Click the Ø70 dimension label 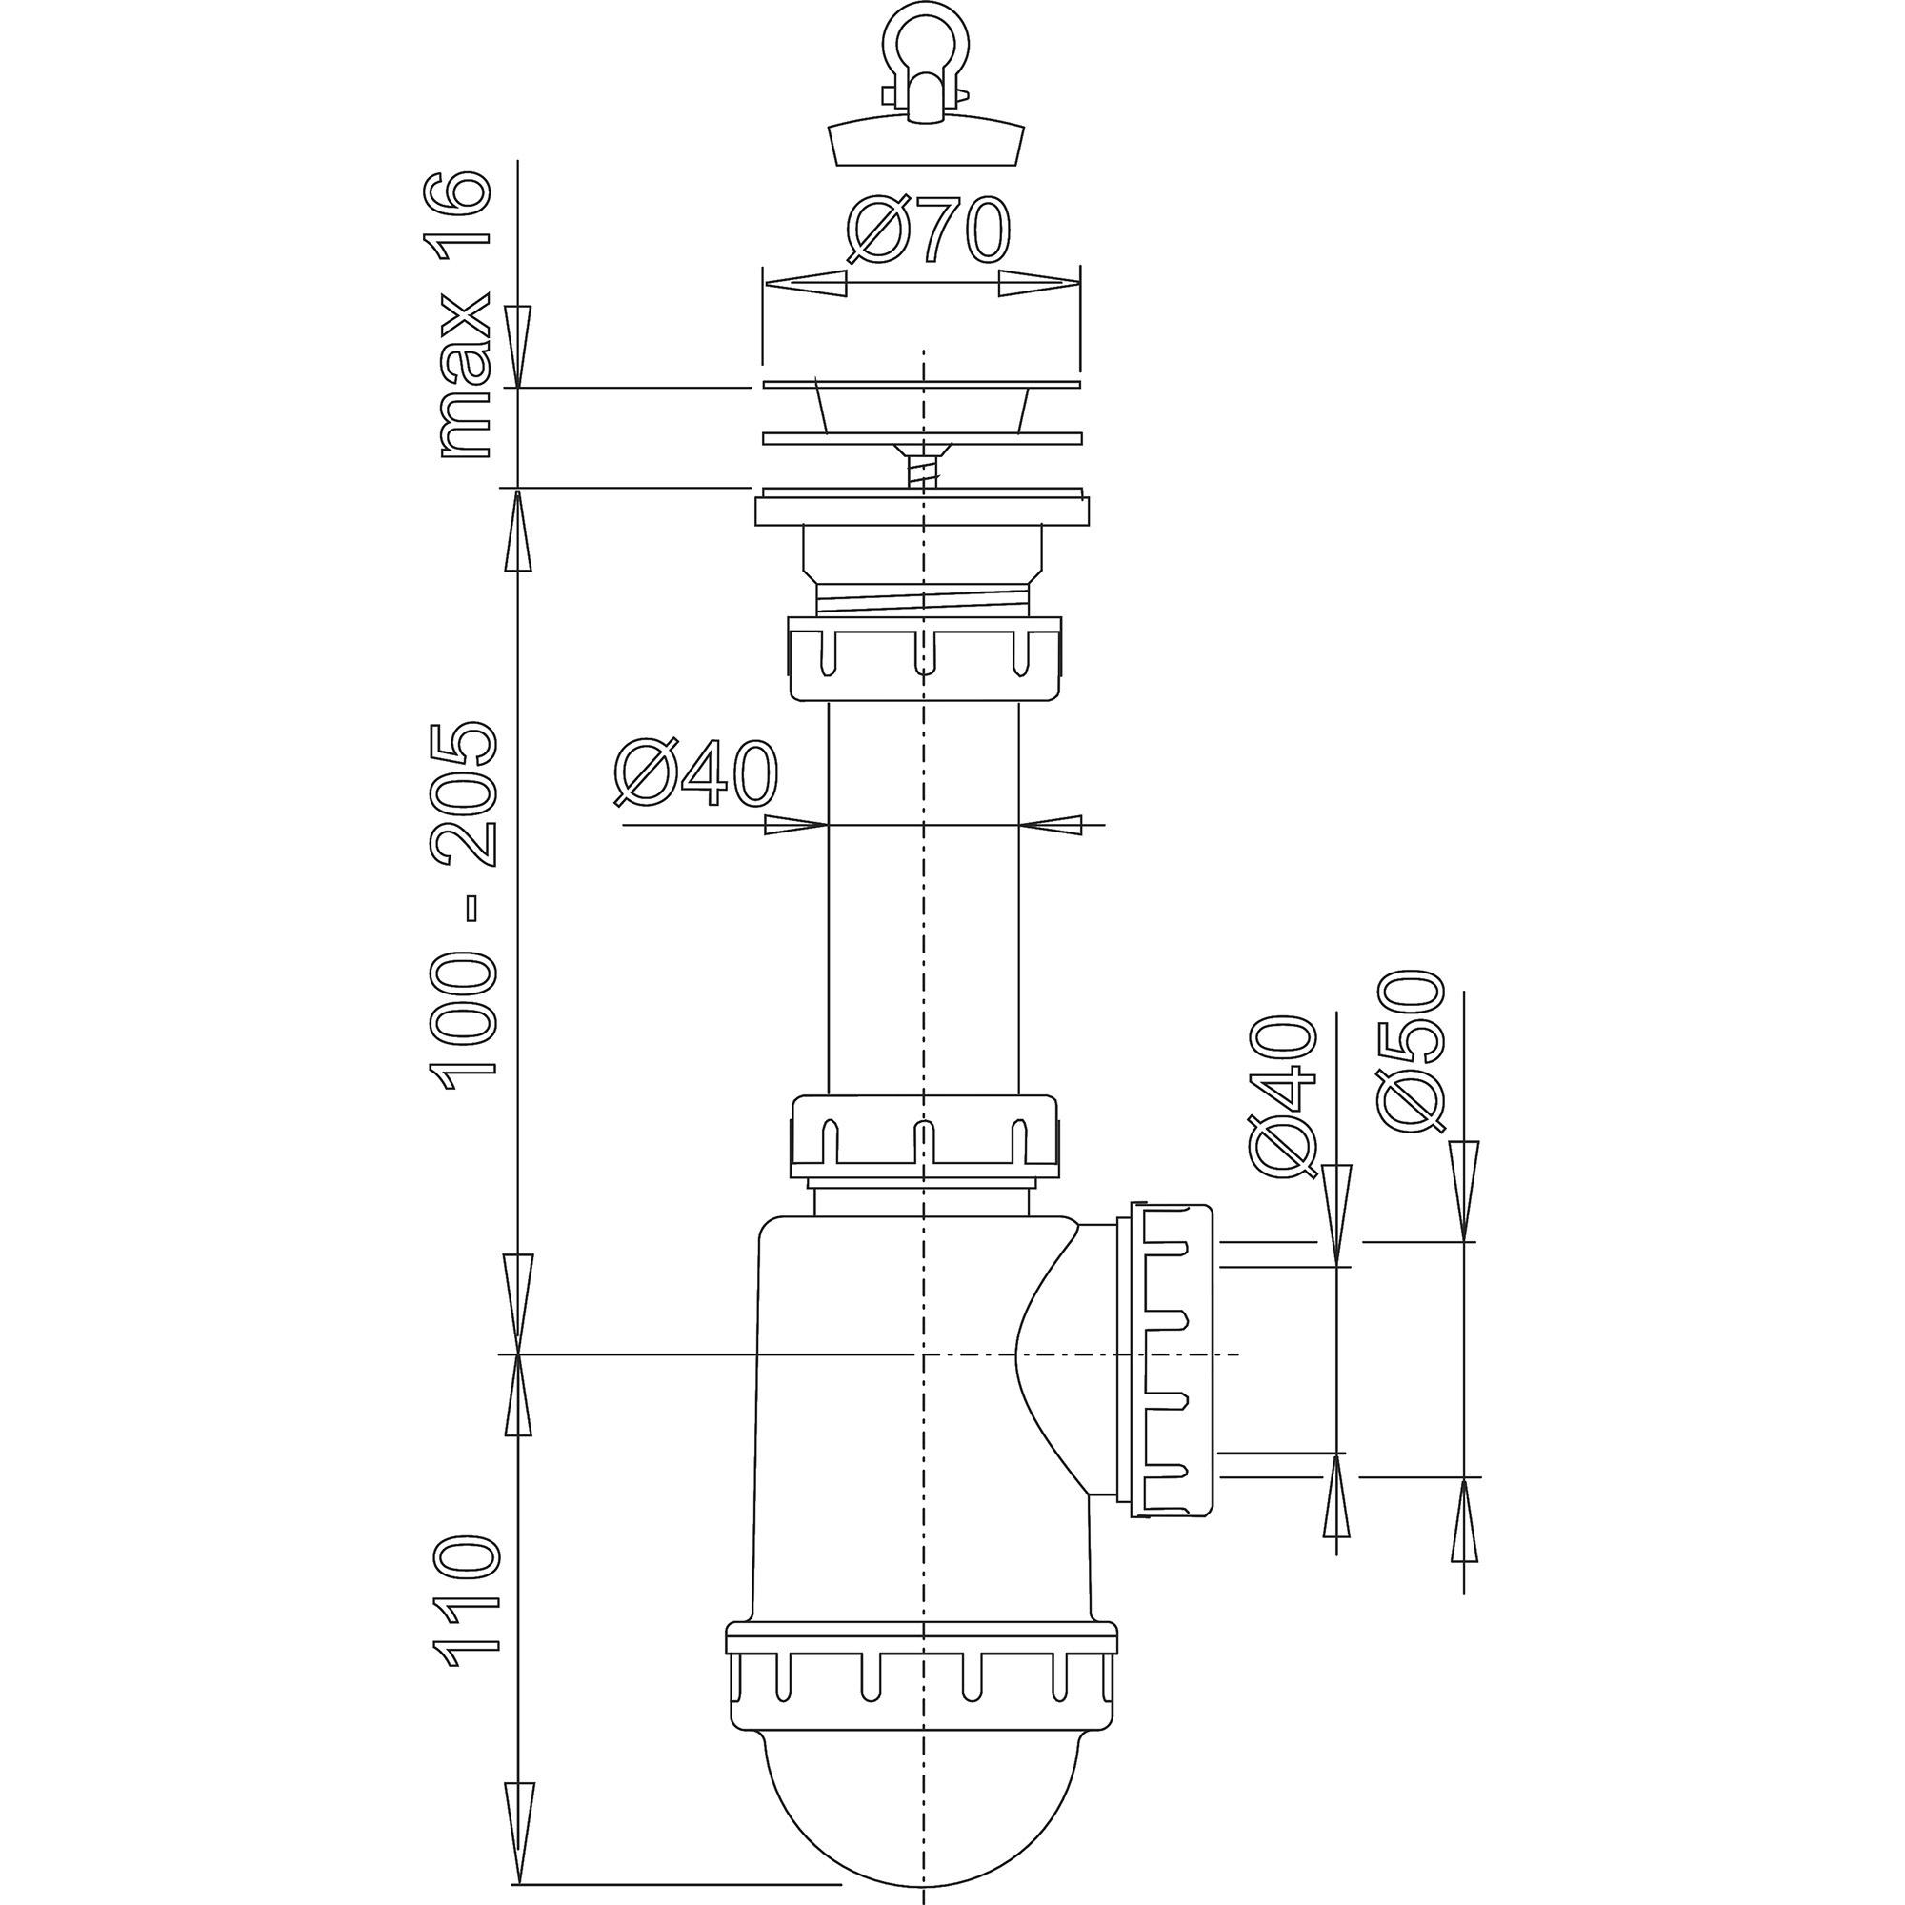point(928,230)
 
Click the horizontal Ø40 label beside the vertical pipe point(696,773)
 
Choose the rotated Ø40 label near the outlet point(1284,1096)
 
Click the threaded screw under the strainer point(923,466)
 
